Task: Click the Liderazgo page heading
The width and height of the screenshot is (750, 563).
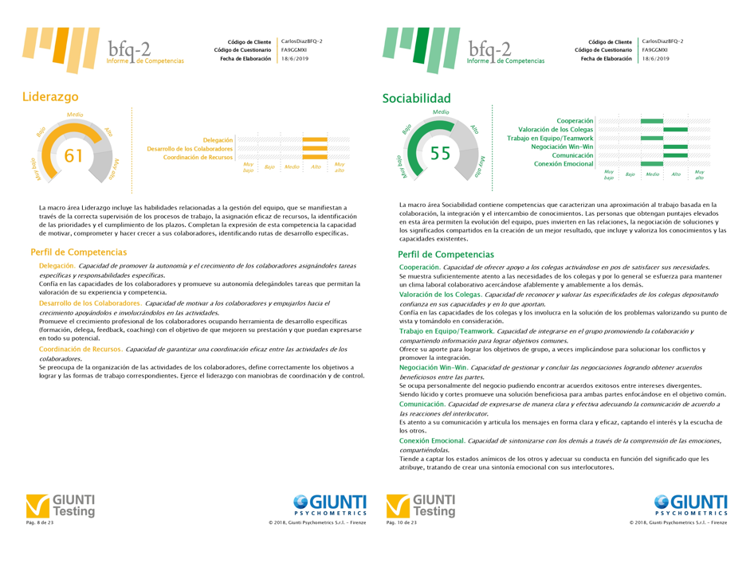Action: click(x=50, y=96)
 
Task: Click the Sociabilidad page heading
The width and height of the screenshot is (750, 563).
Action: click(x=416, y=99)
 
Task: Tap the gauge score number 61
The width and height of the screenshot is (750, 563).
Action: click(x=73, y=156)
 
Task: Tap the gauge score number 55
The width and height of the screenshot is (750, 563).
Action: click(x=440, y=154)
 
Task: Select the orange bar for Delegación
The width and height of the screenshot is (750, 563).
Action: click(x=314, y=140)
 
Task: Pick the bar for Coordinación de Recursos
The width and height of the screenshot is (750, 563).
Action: click(x=314, y=158)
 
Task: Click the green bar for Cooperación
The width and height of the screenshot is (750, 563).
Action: click(x=651, y=120)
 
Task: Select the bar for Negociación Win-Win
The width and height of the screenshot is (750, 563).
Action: click(x=674, y=147)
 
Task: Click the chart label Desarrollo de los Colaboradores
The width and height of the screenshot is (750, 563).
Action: click(x=190, y=149)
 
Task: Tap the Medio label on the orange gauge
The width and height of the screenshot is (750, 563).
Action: click(x=75, y=115)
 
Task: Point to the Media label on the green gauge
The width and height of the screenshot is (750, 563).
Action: click(x=440, y=112)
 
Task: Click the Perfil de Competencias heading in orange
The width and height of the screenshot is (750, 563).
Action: click(x=78, y=252)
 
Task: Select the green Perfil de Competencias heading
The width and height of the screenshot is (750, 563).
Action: click(x=445, y=255)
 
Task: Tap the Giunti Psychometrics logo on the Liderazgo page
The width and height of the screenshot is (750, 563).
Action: click(x=329, y=505)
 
